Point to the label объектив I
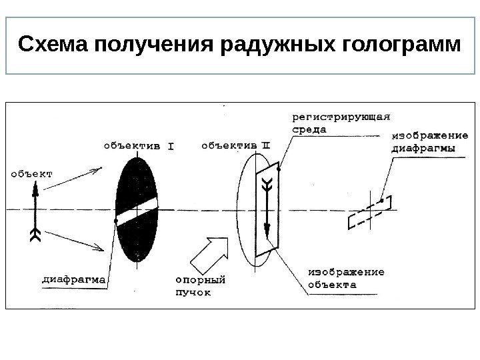138,144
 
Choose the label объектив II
235,144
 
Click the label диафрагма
74,281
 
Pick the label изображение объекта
346,277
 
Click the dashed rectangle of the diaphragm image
369,213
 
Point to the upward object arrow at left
33,207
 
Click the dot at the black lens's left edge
117,220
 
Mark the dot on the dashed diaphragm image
381,199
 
